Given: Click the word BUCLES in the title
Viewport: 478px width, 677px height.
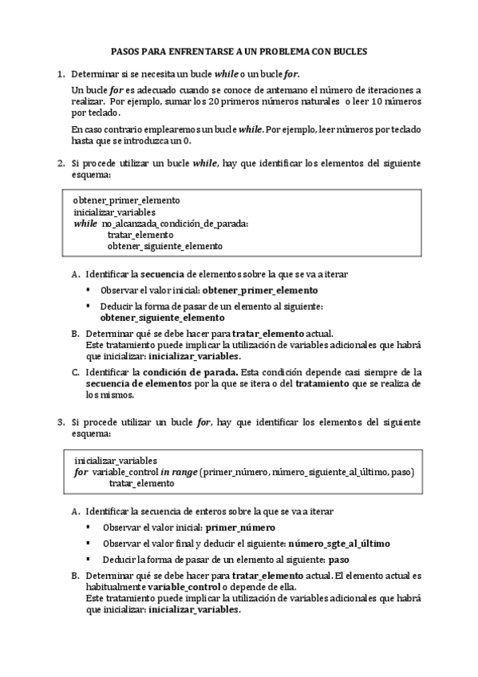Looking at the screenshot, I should click(349, 50).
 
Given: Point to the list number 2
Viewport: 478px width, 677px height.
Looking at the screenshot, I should click(60, 163).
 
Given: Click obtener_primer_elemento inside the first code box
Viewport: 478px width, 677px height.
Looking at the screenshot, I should click(126, 200).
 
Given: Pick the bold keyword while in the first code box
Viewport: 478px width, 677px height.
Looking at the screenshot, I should click(85, 224).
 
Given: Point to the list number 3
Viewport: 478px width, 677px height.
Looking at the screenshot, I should click(60, 421).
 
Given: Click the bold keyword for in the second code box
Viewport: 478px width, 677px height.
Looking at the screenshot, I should click(81, 473).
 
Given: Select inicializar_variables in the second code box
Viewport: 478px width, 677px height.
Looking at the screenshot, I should click(115, 461).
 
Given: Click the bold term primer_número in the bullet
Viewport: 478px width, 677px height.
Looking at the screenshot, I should click(239, 528).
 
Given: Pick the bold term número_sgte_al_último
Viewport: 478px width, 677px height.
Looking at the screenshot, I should click(339, 544).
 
